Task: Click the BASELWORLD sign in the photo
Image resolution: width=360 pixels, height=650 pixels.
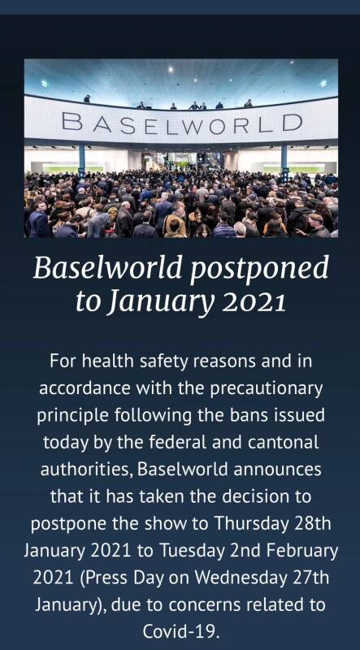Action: coord(182,123)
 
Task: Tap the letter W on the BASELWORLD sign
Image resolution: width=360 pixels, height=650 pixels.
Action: coord(194,124)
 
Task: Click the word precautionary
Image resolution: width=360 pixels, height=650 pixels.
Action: coord(267,388)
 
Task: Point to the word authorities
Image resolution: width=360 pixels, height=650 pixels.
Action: coord(86,470)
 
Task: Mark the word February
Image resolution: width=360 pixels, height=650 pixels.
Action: coord(302,551)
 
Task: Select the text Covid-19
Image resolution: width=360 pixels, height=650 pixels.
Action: coord(180,632)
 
